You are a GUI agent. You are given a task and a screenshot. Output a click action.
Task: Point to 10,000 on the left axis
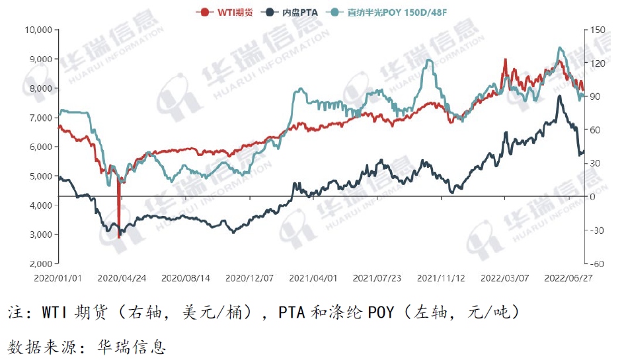pos(38,30)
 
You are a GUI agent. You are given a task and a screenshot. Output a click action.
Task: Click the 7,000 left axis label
pos(41,118)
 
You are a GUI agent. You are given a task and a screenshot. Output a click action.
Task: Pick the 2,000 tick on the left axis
pos(41,264)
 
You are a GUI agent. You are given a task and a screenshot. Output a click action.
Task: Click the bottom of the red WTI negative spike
pos(119,237)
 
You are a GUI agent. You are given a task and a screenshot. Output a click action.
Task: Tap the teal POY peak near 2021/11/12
pos(430,60)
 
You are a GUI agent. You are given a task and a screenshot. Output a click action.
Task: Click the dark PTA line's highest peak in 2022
pos(559,96)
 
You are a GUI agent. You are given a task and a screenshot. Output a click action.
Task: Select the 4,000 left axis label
pos(41,205)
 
